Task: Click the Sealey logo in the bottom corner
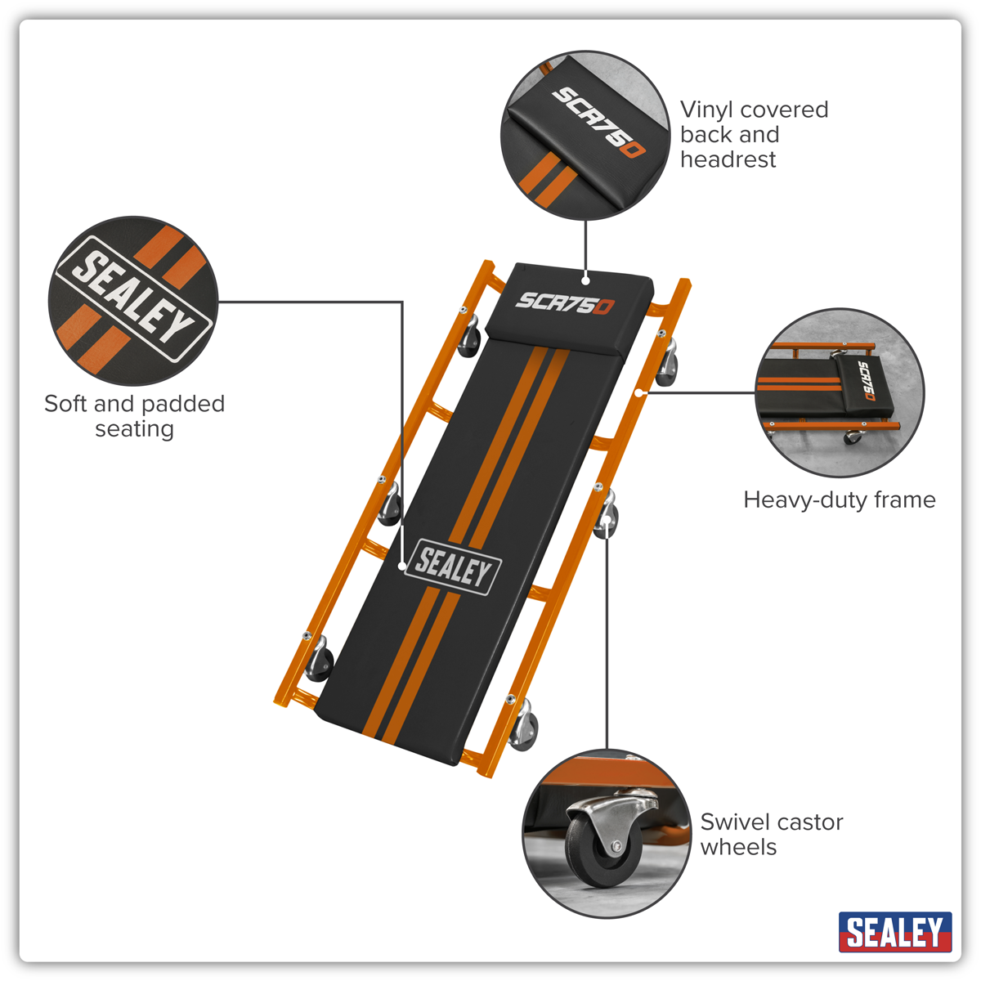pos(894,932)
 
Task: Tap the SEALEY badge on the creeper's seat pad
pos(452,567)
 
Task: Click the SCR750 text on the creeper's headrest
pos(564,303)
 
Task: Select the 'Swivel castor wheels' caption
pos(771,834)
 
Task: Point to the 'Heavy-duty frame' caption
pos(839,499)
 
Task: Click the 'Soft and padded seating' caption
pos(134,415)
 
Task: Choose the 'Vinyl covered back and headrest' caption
pos(754,134)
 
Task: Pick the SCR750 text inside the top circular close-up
pos(598,123)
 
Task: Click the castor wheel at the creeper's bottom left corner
pos(319,662)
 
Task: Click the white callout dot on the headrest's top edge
pos(585,280)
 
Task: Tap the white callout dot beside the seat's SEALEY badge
pos(402,566)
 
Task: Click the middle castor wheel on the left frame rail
pos(390,505)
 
